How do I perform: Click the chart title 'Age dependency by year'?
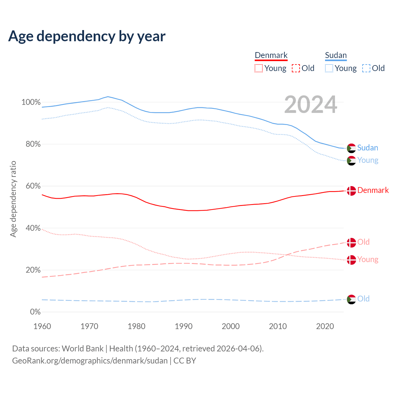click(87, 36)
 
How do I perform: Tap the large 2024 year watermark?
click(310, 105)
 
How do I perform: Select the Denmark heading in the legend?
click(271, 55)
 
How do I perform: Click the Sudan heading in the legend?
click(336, 55)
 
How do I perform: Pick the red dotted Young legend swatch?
click(258, 68)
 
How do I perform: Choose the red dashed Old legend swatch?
click(296, 68)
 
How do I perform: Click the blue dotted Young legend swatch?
click(329, 68)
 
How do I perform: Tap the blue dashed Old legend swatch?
click(366, 68)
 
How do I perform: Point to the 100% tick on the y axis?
click(31, 102)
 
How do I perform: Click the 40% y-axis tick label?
click(33, 228)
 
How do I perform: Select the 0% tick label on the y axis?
click(35, 312)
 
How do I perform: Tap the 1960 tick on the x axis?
click(42, 326)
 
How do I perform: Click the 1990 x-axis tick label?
click(184, 326)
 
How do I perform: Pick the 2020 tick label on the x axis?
click(325, 326)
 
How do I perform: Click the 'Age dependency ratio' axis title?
click(13, 199)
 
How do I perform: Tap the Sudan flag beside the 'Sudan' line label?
click(351, 148)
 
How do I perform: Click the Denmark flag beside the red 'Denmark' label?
click(351, 191)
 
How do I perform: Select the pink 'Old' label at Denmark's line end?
click(364, 242)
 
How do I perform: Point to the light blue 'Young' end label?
click(368, 160)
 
